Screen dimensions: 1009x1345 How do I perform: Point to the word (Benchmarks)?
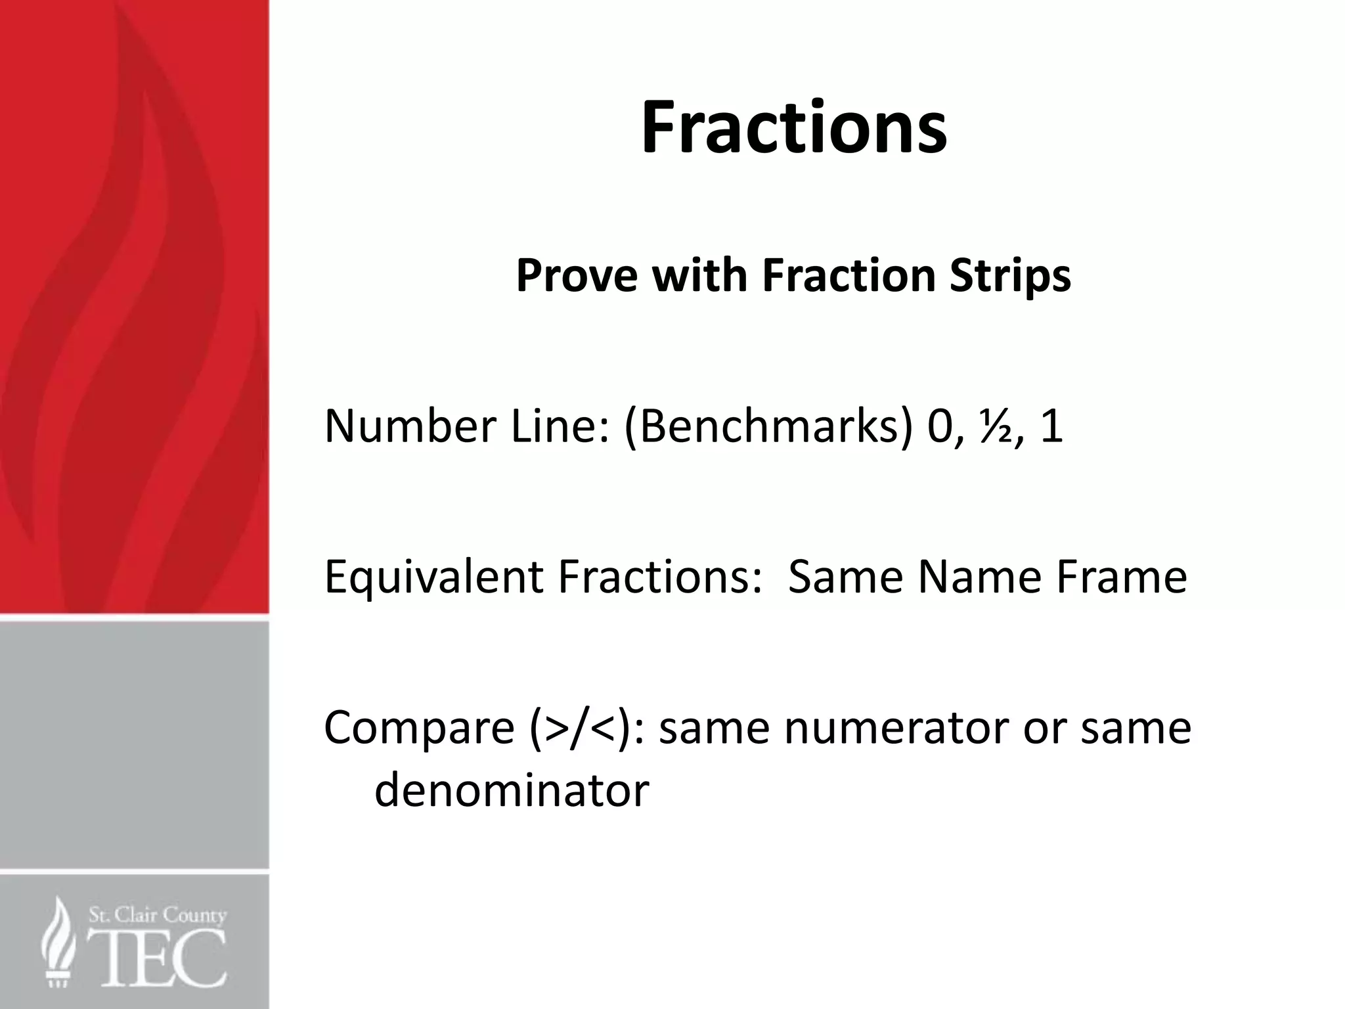point(768,426)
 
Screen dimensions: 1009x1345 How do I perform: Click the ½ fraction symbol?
point(994,426)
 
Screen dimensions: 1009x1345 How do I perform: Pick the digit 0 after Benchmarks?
point(940,426)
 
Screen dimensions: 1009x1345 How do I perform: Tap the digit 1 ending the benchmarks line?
point(1051,426)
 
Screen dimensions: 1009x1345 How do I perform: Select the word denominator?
point(512,790)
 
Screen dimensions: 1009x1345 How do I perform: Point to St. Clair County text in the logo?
point(158,915)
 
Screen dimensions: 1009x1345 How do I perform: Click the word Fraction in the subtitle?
point(848,275)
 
